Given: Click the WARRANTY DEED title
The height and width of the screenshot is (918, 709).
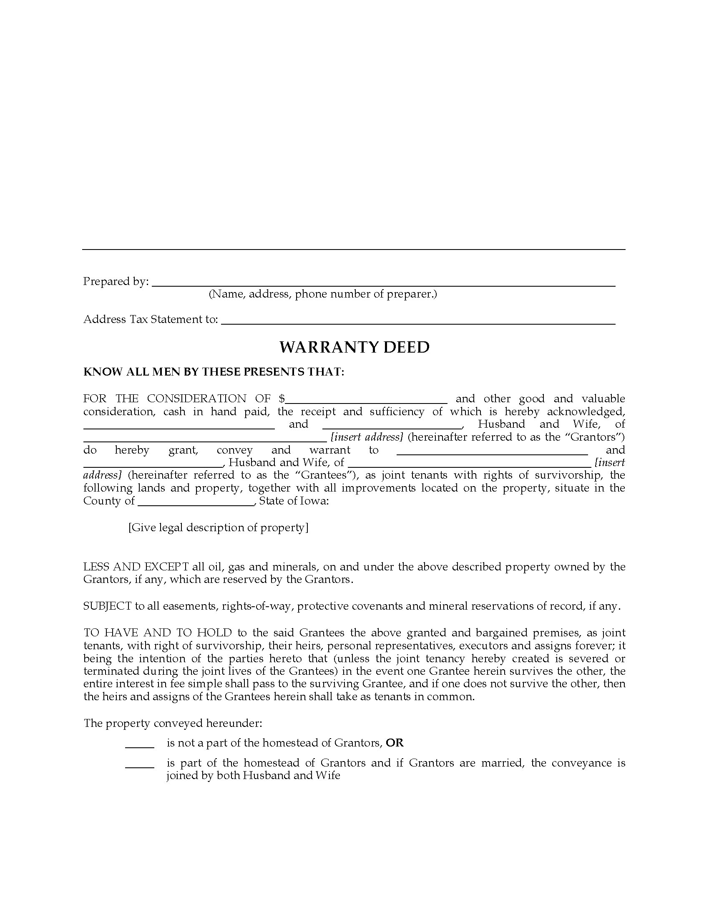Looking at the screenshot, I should pos(354,347).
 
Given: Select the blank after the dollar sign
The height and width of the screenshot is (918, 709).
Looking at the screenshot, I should pos(366,400).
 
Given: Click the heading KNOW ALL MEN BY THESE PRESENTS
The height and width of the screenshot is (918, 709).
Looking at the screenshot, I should pos(214,372).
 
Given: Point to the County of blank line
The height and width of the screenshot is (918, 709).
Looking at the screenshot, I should pos(196,502).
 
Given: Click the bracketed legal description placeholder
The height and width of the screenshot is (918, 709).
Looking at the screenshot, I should pos(219,527).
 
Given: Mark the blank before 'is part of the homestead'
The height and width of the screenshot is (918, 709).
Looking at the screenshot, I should pos(140,764).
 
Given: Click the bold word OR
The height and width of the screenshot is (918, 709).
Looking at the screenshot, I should pos(395,743).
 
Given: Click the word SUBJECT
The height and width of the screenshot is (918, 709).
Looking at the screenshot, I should pos(108,606).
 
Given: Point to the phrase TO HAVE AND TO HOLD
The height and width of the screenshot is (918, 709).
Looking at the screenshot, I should pos(158,633).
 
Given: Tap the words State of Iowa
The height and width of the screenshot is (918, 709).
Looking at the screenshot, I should pos(294,501).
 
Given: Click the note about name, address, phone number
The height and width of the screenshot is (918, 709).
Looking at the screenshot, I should pos(322,294).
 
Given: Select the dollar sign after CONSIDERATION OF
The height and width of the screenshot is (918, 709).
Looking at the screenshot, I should pos(282,398).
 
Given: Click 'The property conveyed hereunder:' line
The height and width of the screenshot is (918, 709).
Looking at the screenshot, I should pos(173,723).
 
